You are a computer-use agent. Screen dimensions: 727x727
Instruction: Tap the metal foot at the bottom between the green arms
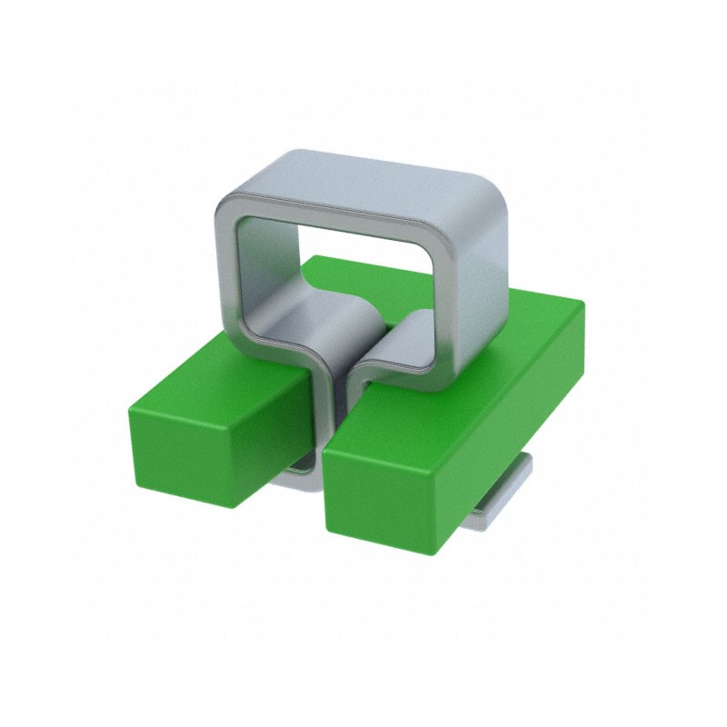click(304, 473)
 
